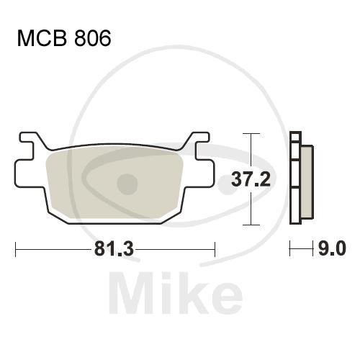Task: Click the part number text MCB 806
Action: point(64,38)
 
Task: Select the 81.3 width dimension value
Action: point(114,249)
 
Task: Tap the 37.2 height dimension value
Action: point(251,179)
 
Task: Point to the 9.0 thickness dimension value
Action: point(332,248)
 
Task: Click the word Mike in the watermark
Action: point(176,292)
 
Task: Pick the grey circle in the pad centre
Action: point(127,184)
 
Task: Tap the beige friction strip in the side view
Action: point(307,182)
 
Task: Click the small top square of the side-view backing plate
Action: point(295,137)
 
